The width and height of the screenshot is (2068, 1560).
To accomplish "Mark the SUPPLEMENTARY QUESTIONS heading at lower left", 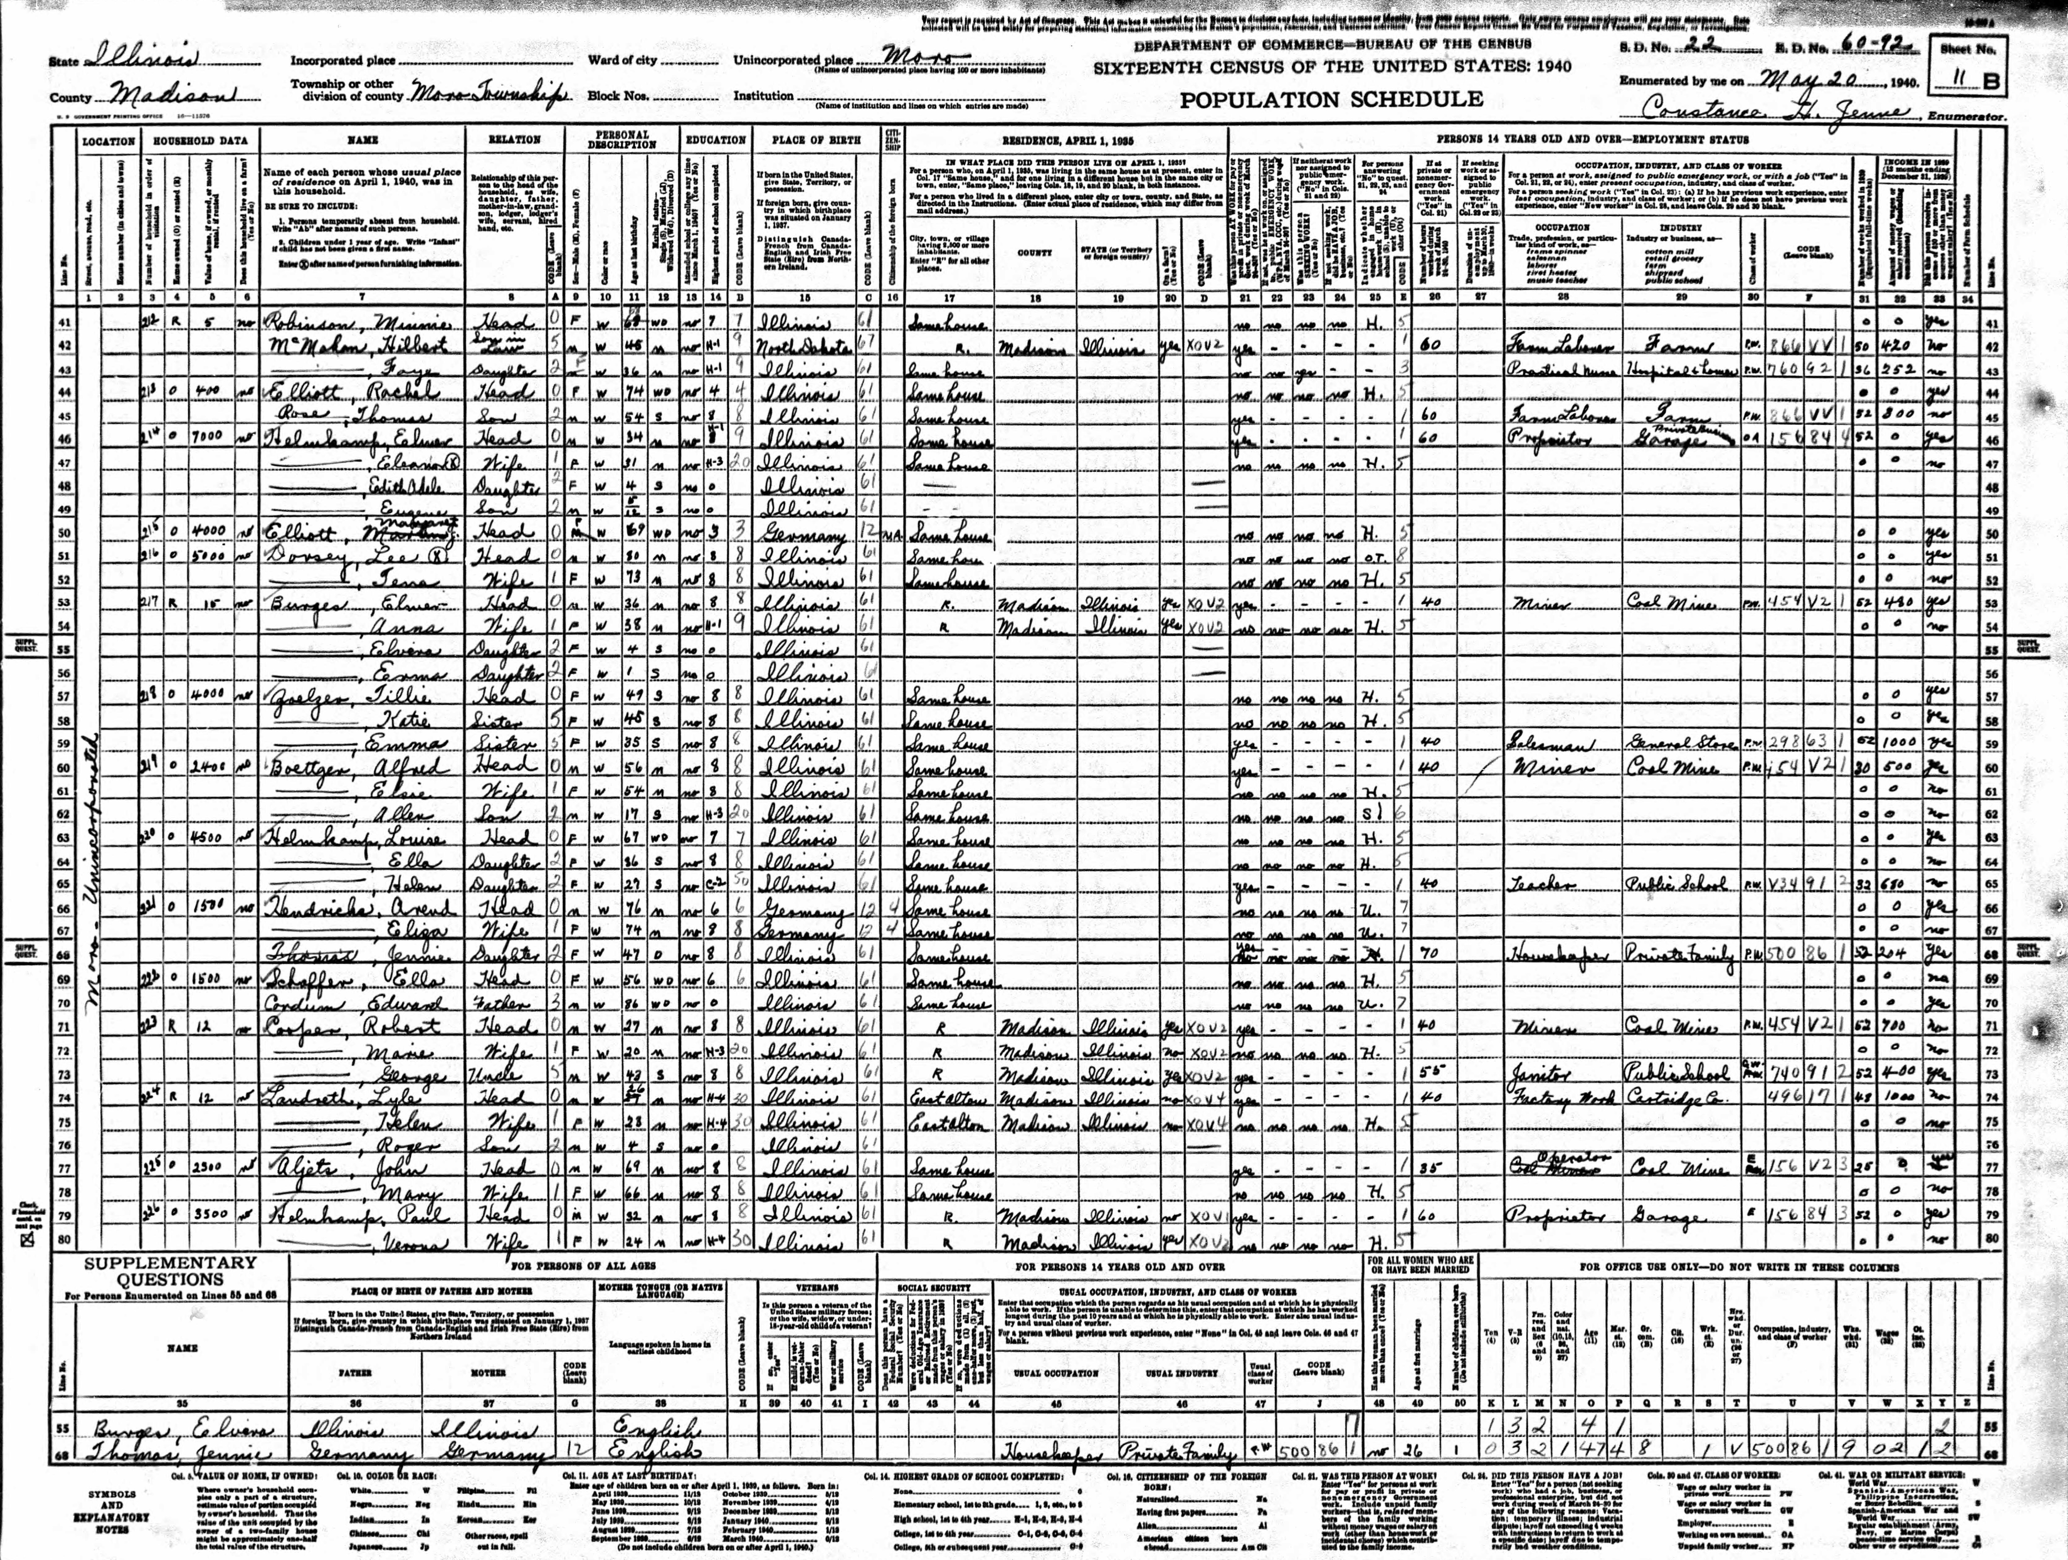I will pos(170,1271).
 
